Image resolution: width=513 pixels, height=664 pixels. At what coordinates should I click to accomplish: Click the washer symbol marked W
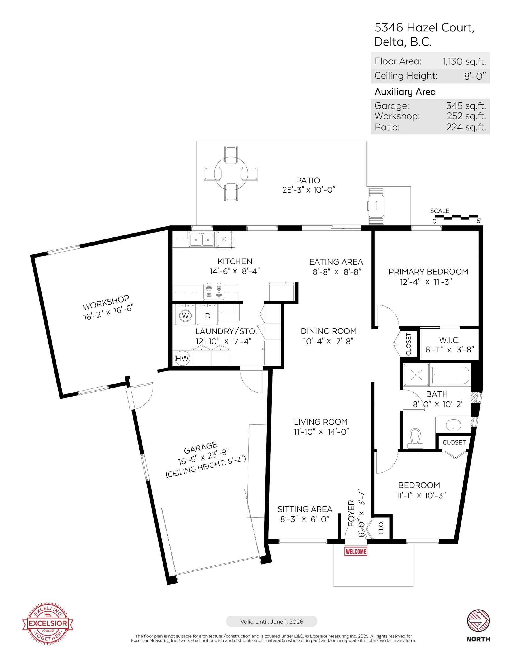click(x=185, y=316)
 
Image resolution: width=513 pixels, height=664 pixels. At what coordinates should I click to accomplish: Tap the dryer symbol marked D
click(x=208, y=316)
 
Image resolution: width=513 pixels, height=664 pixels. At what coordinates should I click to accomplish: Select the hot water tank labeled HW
click(x=182, y=359)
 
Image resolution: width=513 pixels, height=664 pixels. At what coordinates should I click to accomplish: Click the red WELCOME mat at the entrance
click(x=356, y=551)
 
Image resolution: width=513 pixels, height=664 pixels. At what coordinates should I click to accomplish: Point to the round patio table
click(x=231, y=173)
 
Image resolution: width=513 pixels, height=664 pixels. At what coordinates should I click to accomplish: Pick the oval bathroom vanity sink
click(x=454, y=425)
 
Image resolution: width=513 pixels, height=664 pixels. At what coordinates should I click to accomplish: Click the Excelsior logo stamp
click(x=48, y=623)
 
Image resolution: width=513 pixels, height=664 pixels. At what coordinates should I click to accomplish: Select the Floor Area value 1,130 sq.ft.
click(x=464, y=61)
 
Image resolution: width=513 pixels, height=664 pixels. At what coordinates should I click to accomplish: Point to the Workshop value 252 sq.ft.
click(x=466, y=116)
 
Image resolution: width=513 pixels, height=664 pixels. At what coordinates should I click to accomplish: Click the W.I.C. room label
click(x=449, y=340)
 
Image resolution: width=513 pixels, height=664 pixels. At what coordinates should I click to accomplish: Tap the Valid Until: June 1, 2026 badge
click(x=271, y=621)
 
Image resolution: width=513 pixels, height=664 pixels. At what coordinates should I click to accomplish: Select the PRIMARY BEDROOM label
click(x=428, y=272)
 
